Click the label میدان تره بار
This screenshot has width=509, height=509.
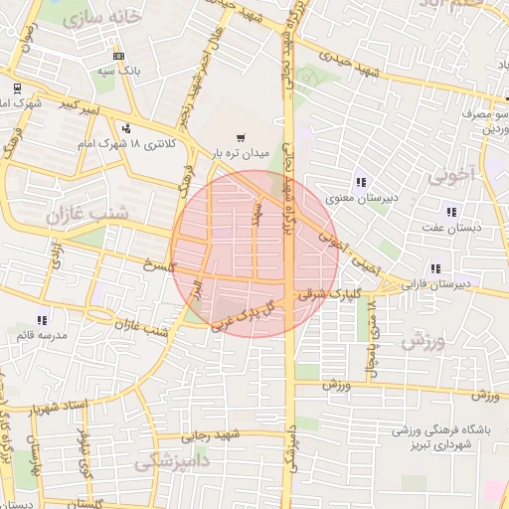(x=240, y=153)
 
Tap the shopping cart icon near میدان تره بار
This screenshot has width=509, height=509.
(x=241, y=138)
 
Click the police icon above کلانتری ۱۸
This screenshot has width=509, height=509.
(x=126, y=128)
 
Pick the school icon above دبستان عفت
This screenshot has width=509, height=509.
(x=451, y=211)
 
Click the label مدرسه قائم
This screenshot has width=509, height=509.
(x=41, y=335)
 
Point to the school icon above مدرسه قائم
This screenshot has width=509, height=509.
(x=41, y=320)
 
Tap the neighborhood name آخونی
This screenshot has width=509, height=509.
(x=454, y=176)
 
